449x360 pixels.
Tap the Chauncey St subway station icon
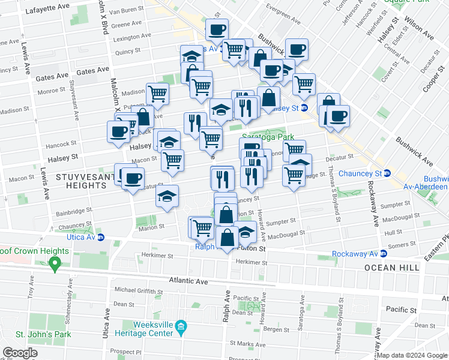point(387,173)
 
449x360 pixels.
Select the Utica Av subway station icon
point(101,238)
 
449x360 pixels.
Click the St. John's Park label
point(27,334)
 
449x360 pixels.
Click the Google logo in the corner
point(20,352)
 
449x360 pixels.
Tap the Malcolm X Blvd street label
point(106,18)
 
